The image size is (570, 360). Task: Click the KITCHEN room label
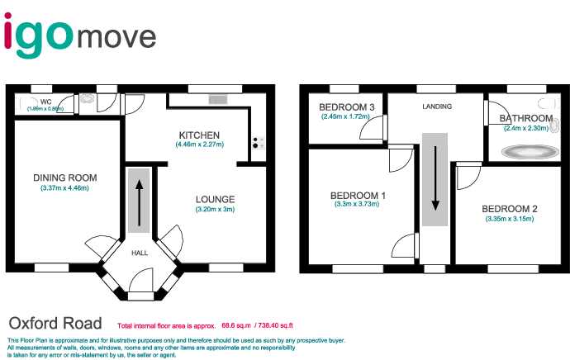[199, 135]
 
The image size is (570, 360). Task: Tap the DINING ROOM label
[65, 178]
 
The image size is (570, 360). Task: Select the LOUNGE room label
[216, 199]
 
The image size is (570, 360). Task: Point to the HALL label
[140, 253]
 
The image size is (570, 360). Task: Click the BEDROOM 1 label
[359, 195]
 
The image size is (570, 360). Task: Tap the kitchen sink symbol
[218, 100]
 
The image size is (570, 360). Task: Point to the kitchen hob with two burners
[256, 143]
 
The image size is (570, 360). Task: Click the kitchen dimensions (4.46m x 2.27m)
[199, 145]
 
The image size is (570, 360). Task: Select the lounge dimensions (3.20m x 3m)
[216, 210]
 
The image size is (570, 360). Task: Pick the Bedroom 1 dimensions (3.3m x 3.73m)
[359, 206]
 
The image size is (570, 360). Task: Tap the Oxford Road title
[55, 323]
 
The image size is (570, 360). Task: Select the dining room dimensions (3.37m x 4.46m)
[65, 188]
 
